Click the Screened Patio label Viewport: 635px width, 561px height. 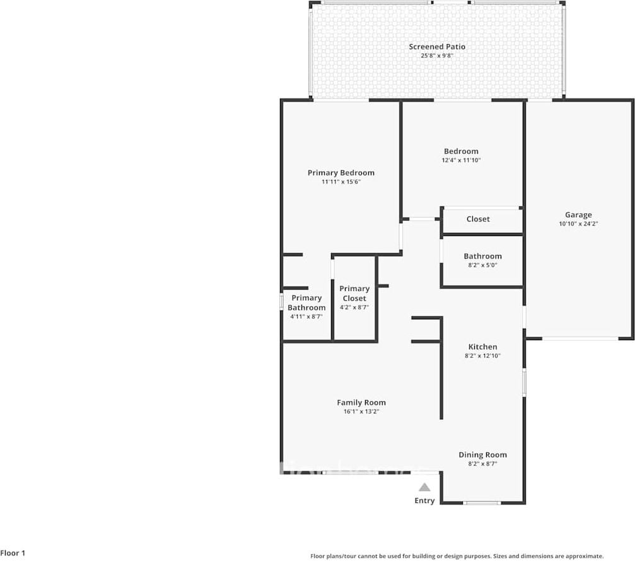coord(437,47)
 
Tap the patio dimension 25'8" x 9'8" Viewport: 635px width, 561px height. coord(437,56)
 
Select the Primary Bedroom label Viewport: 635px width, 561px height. coord(341,173)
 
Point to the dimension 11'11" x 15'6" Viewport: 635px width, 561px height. coord(341,182)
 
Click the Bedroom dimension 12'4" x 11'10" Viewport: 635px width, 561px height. coord(461,160)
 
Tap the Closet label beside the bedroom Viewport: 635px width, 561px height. coord(478,219)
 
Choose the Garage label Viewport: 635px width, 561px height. coord(578,215)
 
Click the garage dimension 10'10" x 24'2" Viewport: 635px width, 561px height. coord(578,224)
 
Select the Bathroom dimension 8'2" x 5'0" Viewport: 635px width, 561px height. coord(482,265)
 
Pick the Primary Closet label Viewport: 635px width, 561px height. coord(354,293)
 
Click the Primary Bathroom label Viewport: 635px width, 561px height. coord(306,303)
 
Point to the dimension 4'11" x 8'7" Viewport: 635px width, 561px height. coord(306,317)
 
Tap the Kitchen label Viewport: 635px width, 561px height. coord(482,346)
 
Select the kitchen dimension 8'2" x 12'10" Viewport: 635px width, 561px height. coord(482,356)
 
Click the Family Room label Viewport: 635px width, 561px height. coord(361,403)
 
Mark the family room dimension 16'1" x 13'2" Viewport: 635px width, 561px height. coord(361,411)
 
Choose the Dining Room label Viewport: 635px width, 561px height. coord(482,454)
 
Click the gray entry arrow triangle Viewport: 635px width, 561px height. coord(424,487)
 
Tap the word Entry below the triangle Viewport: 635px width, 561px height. coord(424,500)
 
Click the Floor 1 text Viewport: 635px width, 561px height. coord(13,553)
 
